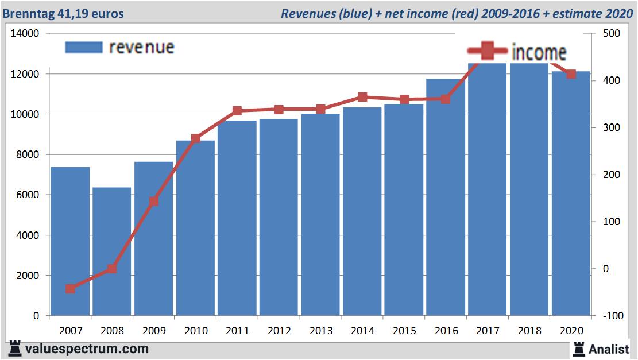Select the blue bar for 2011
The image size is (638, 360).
(x=237, y=218)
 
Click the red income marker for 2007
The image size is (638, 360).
(x=70, y=289)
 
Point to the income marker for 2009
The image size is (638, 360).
(x=154, y=201)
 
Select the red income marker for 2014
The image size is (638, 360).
(x=362, y=97)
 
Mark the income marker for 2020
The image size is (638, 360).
(x=571, y=74)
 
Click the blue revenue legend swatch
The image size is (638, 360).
(x=84, y=47)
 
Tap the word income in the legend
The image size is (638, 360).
(x=539, y=52)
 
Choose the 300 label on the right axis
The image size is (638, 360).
(x=611, y=127)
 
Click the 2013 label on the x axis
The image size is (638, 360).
(x=320, y=331)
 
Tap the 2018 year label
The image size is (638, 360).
(x=529, y=331)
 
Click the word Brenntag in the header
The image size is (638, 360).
(x=28, y=13)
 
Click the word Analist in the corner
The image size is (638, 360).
(x=609, y=349)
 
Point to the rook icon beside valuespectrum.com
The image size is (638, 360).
(x=16, y=349)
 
